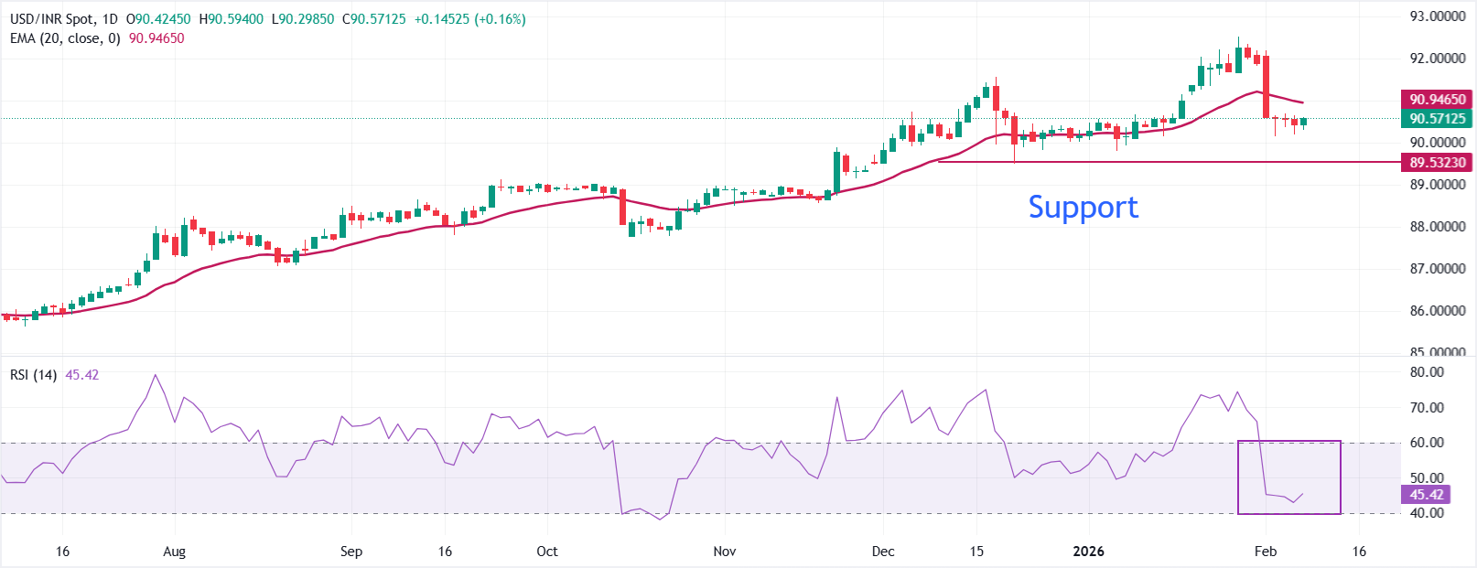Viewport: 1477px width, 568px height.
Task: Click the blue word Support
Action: click(1083, 208)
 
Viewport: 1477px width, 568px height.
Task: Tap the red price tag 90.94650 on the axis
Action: click(1437, 99)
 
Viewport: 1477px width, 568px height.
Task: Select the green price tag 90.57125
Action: click(1437, 118)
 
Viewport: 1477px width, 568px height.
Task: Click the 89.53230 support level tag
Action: click(1437, 162)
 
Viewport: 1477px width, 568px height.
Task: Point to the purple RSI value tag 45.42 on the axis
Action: click(1426, 495)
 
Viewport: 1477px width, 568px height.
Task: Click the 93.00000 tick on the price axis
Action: click(1437, 16)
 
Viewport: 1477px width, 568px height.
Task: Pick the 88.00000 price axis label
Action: click(1437, 227)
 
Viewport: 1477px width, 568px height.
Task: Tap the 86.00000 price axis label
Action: click(1437, 311)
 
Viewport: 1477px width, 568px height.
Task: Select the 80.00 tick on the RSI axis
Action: click(1427, 372)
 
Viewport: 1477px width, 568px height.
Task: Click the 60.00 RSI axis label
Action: click(1427, 443)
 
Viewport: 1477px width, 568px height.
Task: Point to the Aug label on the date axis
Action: click(174, 552)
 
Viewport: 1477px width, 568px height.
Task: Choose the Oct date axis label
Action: click(546, 552)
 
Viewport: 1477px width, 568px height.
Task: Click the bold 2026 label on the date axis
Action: click(1088, 552)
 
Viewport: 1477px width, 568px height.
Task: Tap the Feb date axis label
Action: click(1265, 552)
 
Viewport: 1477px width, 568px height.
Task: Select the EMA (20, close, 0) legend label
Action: click(65, 38)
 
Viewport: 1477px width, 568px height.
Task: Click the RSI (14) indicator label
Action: click(34, 375)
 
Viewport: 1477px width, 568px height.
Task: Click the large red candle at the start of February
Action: click(1267, 87)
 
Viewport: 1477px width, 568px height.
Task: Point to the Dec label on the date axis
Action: click(883, 552)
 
